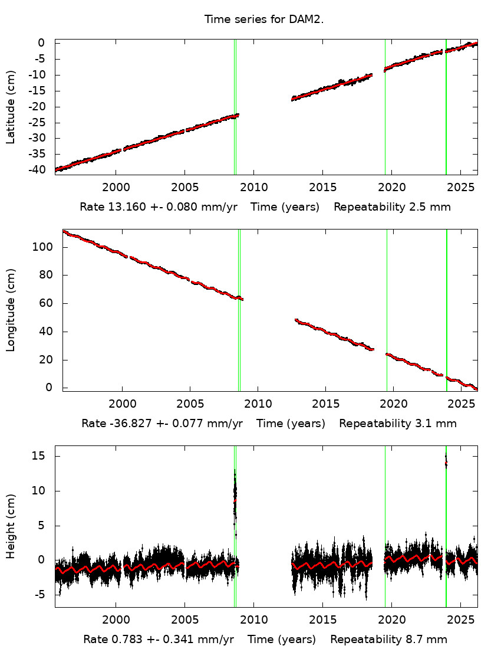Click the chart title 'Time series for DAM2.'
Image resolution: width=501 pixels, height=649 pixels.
pyautogui.click(x=264, y=19)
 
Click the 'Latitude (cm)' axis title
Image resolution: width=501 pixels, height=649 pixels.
pyautogui.click(x=11, y=107)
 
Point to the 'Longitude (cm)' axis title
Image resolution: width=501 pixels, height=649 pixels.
pyautogui.click(x=11, y=310)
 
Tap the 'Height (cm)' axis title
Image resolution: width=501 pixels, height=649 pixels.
pyautogui.click(x=11, y=526)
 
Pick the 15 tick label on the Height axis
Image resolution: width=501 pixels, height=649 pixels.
pyautogui.click(x=43, y=457)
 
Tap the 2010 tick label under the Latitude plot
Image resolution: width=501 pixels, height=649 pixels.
pyautogui.click(x=254, y=187)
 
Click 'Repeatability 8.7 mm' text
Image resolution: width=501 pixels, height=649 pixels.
pyautogui.click(x=388, y=640)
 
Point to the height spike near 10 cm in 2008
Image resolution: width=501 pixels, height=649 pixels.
pyautogui.click(x=235, y=493)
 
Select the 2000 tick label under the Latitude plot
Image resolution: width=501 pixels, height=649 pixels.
pyautogui.click(x=116, y=187)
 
